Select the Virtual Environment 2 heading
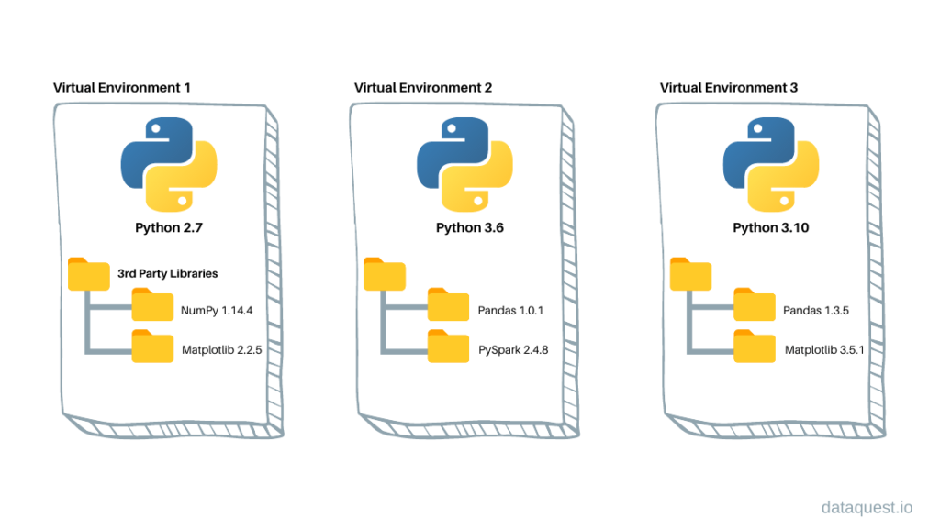coord(423,88)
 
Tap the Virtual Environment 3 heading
coord(729,88)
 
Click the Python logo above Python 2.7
coord(168,166)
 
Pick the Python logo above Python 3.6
coord(464,166)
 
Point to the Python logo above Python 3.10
coord(770,166)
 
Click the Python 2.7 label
coord(168,227)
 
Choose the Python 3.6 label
coord(464,227)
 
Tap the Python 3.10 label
coord(770,227)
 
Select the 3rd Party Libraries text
coord(167,273)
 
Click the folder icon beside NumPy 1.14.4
coord(152,304)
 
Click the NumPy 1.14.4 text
coord(217,311)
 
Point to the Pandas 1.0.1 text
coord(510,311)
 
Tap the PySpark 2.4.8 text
coord(513,350)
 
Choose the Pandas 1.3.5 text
coord(816,311)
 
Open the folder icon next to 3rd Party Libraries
coord(88,272)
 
